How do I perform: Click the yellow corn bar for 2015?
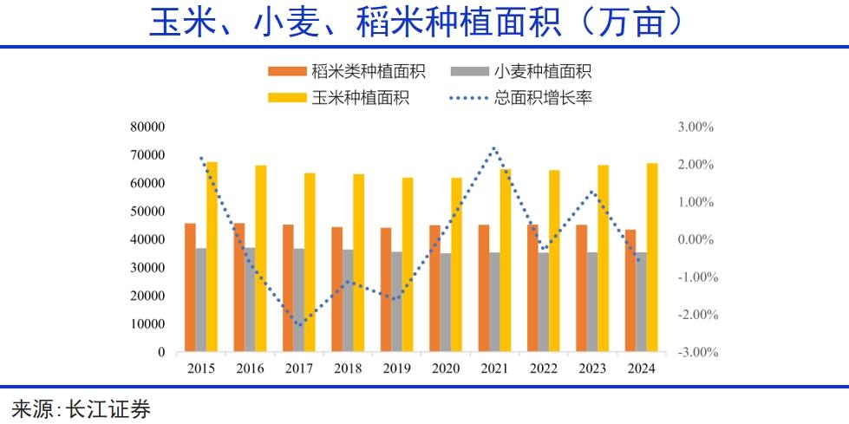pos(212,257)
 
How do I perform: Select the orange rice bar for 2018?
pos(336,290)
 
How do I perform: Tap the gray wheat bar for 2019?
pos(396,302)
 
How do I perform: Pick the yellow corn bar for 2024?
pos(652,258)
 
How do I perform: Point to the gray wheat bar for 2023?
pos(592,302)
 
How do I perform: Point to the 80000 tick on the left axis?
pos(147,127)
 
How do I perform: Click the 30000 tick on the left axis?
pos(147,268)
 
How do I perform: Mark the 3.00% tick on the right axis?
pos(696,127)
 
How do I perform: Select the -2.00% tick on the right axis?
pos(695,315)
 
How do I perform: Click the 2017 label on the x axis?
pos(300,369)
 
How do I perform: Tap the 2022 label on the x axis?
pos(544,369)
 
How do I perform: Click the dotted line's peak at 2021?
pos(493,147)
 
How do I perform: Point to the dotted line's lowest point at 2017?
pos(299,325)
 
